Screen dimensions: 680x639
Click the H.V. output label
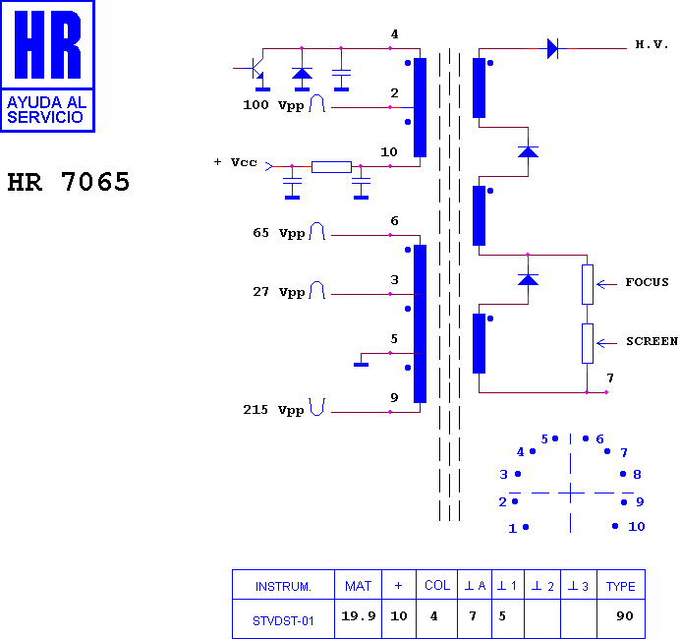652,44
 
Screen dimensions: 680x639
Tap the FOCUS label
647,282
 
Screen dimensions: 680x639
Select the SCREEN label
652,341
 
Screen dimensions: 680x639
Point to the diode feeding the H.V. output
552,48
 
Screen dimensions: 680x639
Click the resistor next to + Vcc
331,166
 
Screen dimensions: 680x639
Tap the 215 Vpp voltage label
273,410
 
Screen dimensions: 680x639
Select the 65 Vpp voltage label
279,233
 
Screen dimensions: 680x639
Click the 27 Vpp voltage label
279,292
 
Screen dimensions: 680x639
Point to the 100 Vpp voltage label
273,105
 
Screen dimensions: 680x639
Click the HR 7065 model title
69,181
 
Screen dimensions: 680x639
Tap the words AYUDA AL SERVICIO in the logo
46,110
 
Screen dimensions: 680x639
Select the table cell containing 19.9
359,616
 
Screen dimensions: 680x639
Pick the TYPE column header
621,587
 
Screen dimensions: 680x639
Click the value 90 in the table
625,616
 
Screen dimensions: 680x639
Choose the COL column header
437,586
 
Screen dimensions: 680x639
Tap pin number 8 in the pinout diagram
637,474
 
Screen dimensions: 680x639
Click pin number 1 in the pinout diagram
513,528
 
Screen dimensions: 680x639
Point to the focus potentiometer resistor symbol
588,284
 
